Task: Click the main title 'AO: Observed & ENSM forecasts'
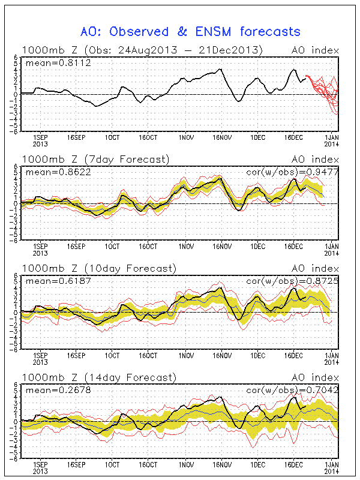click(x=190, y=32)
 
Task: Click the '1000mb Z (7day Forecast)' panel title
click(x=95, y=159)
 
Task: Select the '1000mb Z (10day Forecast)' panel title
click(x=98, y=268)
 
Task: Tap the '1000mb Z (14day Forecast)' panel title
click(x=98, y=377)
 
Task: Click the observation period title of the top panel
click(x=142, y=50)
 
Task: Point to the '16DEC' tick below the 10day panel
click(x=294, y=355)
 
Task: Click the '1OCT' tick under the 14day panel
click(x=112, y=464)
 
